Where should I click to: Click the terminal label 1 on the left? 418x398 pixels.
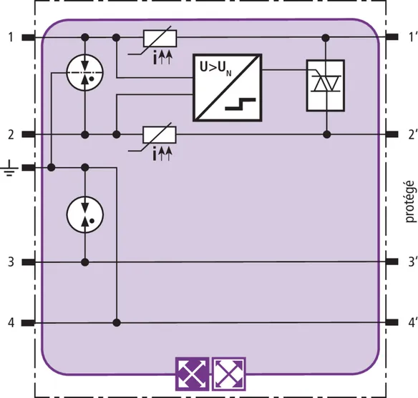(11, 37)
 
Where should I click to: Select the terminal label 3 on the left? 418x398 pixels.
(11, 262)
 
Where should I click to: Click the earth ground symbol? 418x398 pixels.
(10, 168)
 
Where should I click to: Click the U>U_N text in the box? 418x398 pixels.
(216, 69)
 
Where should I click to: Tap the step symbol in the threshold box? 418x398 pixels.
(240, 104)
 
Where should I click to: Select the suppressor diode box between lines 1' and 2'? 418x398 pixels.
(326, 86)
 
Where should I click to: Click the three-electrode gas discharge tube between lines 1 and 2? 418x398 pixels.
(84, 73)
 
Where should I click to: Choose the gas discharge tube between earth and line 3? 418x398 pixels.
(84, 214)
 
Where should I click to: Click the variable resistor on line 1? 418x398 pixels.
(160, 39)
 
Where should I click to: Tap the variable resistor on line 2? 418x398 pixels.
(160, 135)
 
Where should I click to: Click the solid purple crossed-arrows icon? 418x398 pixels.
(192, 374)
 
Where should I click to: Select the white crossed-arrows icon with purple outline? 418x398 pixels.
(229, 374)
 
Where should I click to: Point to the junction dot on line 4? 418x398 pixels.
(117, 323)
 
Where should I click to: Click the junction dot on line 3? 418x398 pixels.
(84, 262)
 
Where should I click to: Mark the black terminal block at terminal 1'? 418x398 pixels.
(392, 37)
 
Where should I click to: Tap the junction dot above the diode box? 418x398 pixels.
(326, 38)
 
